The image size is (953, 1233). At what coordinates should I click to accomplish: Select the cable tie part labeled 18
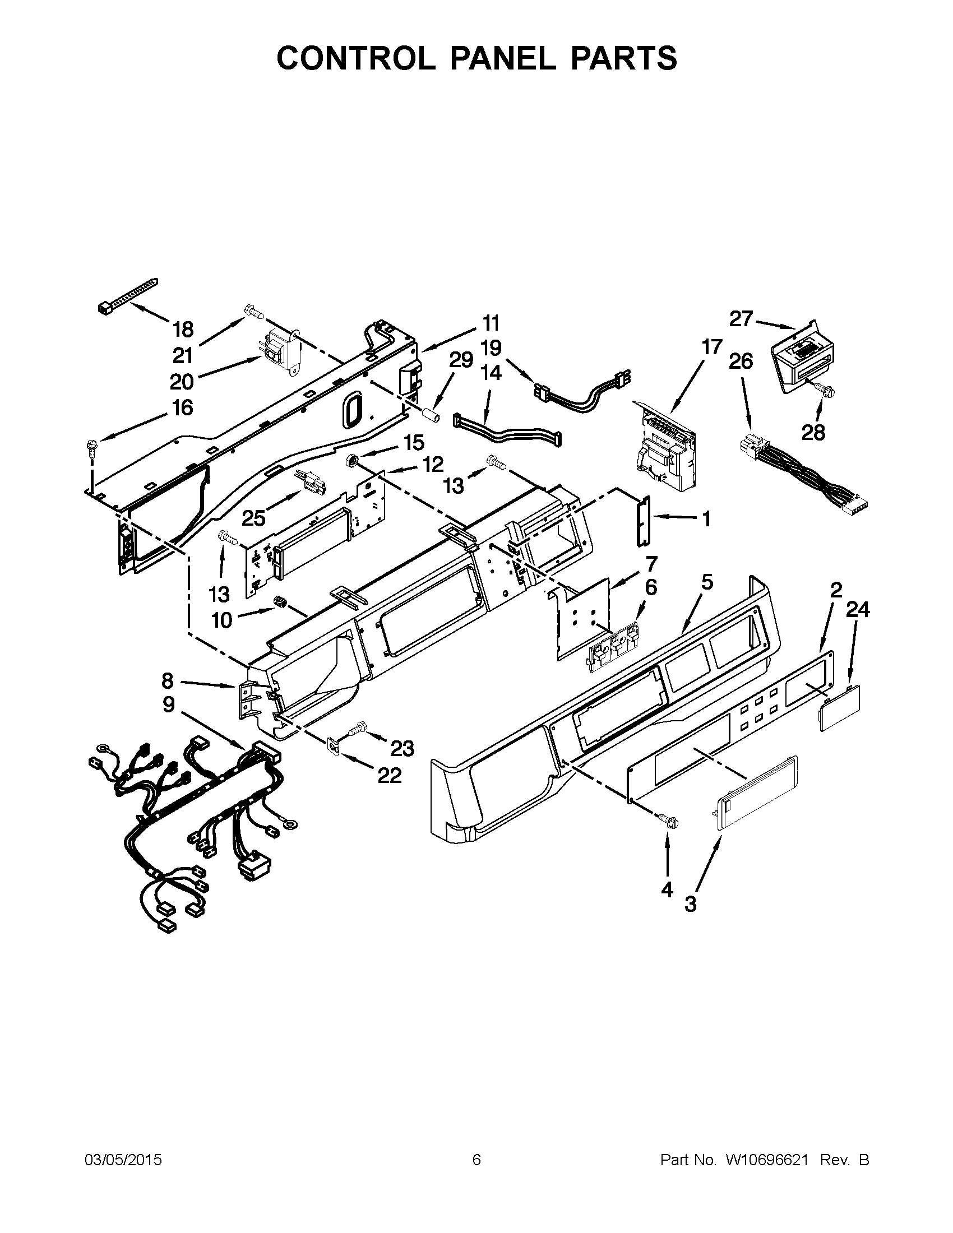pyautogui.click(x=128, y=295)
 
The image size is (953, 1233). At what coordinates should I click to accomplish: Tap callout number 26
pyautogui.click(x=741, y=361)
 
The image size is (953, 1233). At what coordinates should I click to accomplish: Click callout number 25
pyautogui.click(x=253, y=517)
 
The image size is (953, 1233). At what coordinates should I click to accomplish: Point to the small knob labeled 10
pyautogui.click(x=281, y=603)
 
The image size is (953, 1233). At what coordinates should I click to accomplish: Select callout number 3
pyautogui.click(x=690, y=904)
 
